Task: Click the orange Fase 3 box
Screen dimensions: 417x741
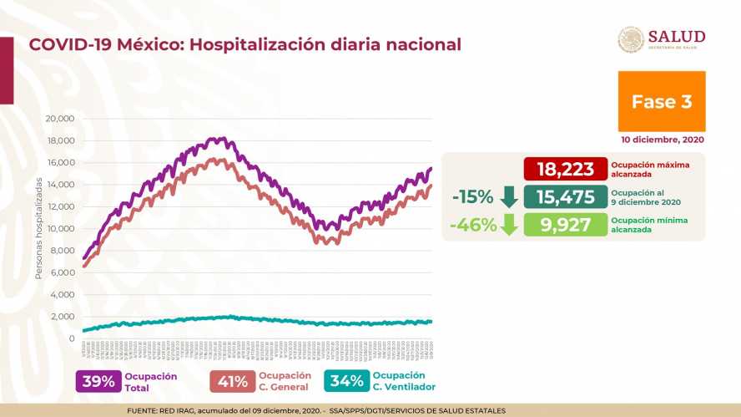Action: click(662, 101)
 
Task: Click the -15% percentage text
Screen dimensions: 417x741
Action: click(471, 197)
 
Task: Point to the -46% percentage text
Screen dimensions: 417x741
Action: click(471, 225)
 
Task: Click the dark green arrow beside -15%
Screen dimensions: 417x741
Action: click(508, 198)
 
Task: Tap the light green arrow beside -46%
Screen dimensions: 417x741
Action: click(508, 226)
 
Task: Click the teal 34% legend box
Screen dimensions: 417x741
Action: click(346, 381)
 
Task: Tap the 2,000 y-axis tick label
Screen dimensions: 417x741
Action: click(63, 316)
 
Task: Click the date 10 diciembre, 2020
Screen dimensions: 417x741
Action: click(662, 140)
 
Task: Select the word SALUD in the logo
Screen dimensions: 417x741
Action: click(677, 36)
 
